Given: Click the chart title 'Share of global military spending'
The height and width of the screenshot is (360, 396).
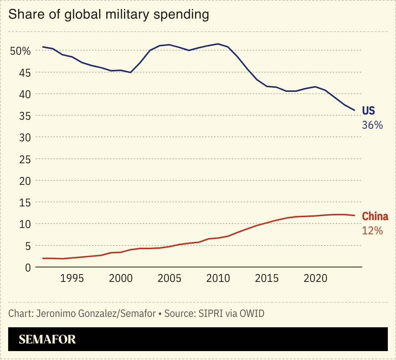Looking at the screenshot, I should (x=108, y=15).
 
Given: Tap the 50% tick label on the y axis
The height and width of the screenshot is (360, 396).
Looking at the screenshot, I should (x=20, y=51).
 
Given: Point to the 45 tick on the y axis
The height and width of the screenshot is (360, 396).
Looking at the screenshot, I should (x=23, y=73).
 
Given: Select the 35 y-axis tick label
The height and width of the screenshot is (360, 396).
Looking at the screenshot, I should (x=23, y=116).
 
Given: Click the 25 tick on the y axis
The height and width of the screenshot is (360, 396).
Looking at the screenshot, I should (x=23, y=159).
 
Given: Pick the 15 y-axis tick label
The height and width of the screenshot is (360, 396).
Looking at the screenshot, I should (x=23, y=202).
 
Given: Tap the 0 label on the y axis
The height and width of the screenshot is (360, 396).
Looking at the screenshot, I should (x=27, y=267).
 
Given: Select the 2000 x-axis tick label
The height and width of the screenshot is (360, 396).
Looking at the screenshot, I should (x=120, y=279).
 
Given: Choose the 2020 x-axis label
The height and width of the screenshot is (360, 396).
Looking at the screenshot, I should (x=315, y=279).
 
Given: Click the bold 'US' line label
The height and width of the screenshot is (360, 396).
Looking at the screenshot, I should (x=369, y=111).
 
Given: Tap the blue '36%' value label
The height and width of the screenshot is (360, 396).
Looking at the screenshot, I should (x=372, y=125).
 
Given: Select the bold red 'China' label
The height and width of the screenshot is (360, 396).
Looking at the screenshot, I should (x=375, y=216).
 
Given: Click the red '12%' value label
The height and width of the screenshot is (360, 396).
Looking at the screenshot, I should (x=372, y=231).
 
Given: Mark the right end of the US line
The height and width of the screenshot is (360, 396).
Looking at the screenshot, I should (x=354, y=110).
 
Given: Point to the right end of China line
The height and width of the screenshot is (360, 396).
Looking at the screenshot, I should (x=354, y=215).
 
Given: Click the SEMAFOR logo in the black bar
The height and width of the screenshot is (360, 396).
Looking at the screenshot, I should (x=47, y=339).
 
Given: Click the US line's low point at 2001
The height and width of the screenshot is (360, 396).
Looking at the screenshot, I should (x=130, y=72).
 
